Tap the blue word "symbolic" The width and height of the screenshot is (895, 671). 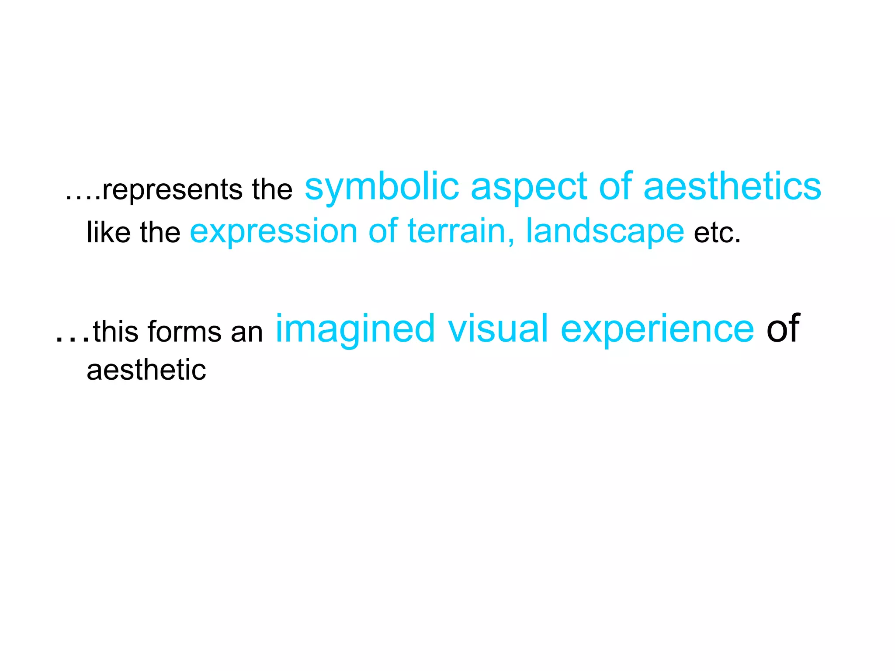(x=382, y=187)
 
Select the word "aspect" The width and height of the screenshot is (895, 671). (x=529, y=187)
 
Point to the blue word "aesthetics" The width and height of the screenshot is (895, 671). (x=732, y=187)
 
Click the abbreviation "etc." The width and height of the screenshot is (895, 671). (x=718, y=232)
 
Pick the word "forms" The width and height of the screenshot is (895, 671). (x=185, y=331)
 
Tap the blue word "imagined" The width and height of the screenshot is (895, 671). (x=355, y=329)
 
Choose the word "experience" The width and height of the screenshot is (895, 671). (x=657, y=329)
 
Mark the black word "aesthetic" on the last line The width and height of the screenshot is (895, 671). (x=146, y=370)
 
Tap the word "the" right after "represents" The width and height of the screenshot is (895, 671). (x=272, y=190)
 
